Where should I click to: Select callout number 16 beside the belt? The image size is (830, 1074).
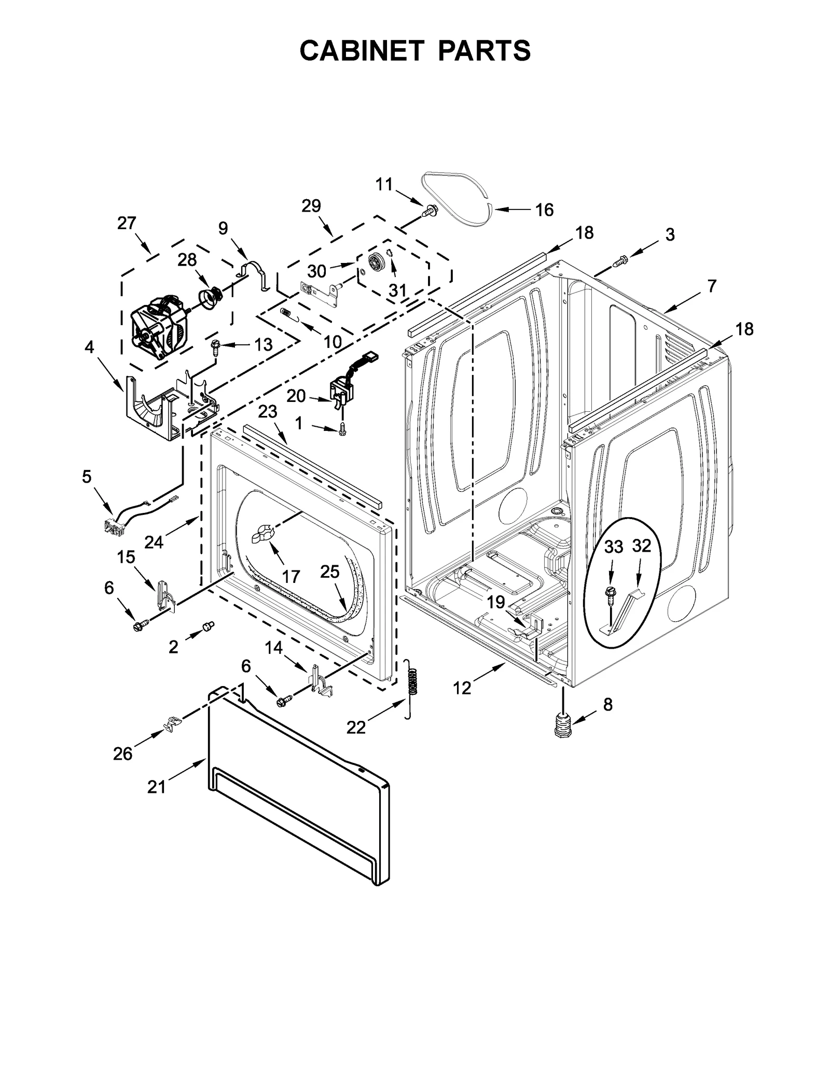[544, 210]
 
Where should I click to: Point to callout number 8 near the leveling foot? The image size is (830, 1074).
[608, 704]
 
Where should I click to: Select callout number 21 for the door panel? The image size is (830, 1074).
[156, 787]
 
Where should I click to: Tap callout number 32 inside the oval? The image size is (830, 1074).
[641, 546]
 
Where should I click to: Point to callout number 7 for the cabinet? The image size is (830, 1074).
[712, 286]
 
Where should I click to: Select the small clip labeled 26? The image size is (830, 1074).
[173, 722]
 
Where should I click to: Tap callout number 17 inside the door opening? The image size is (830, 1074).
[291, 576]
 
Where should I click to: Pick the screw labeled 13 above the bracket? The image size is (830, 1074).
[215, 346]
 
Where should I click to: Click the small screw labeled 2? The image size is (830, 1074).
[209, 627]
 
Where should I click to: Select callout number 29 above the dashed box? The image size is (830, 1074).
[311, 206]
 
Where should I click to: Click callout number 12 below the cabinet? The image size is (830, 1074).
[462, 688]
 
